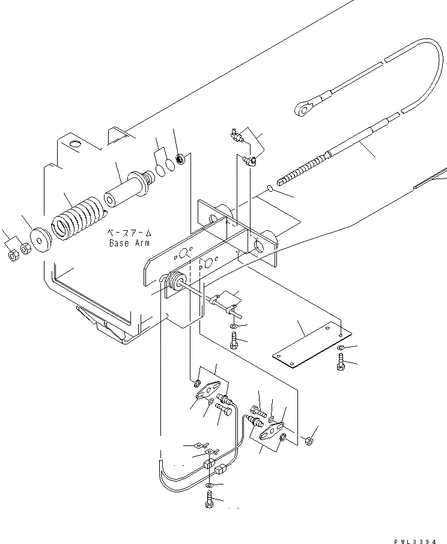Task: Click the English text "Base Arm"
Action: click(129, 243)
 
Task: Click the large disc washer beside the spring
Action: click(40, 241)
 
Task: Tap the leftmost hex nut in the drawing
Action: click(13, 255)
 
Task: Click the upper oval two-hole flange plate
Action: click(207, 390)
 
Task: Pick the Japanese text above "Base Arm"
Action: click(129, 233)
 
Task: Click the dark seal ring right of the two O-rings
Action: click(179, 160)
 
